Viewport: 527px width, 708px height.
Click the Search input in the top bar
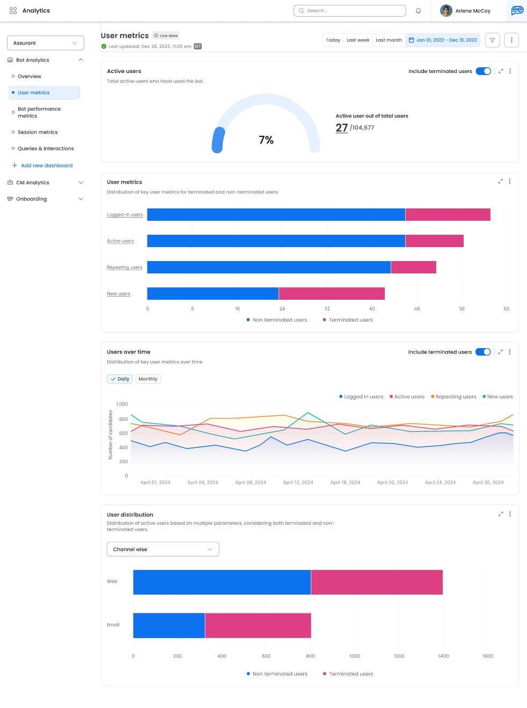[x=350, y=11]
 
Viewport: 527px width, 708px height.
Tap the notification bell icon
[x=418, y=11]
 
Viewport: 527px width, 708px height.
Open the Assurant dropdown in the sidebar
[x=46, y=43]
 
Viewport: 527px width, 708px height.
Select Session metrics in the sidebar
[x=38, y=132]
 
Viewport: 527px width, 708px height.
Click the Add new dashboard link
[x=46, y=165]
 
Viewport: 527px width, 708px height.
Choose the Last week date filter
[x=358, y=40]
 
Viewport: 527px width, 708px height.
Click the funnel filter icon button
[x=492, y=40]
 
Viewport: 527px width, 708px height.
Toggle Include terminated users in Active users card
[x=483, y=71]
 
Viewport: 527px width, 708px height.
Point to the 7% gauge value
[x=266, y=140]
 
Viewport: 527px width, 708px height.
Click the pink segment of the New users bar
[x=332, y=293]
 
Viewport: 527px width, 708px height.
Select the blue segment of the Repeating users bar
[x=268, y=267]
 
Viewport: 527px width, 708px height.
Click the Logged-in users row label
[x=125, y=215]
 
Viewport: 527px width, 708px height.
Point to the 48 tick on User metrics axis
[x=417, y=309]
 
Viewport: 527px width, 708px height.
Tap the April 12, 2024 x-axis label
[x=298, y=482]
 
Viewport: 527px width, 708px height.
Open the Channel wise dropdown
[x=163, y=549]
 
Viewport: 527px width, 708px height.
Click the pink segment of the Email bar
[x=258, y=625]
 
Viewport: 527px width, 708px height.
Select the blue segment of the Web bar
[x=222, y=582]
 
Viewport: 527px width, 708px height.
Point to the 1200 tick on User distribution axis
[x=399, y=656]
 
